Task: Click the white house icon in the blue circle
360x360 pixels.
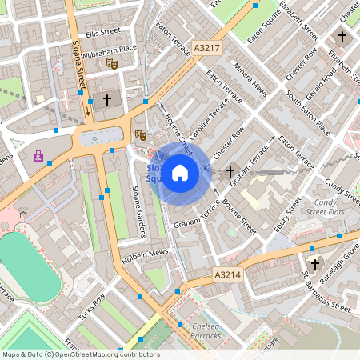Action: click(181, 172)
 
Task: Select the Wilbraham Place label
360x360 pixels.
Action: click(114, 48)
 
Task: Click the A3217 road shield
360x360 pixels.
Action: click(206, 49)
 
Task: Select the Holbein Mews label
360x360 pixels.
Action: click(146, 253)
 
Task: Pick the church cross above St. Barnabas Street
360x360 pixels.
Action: click(314, 263)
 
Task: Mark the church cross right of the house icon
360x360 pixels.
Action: click(230, 171)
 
